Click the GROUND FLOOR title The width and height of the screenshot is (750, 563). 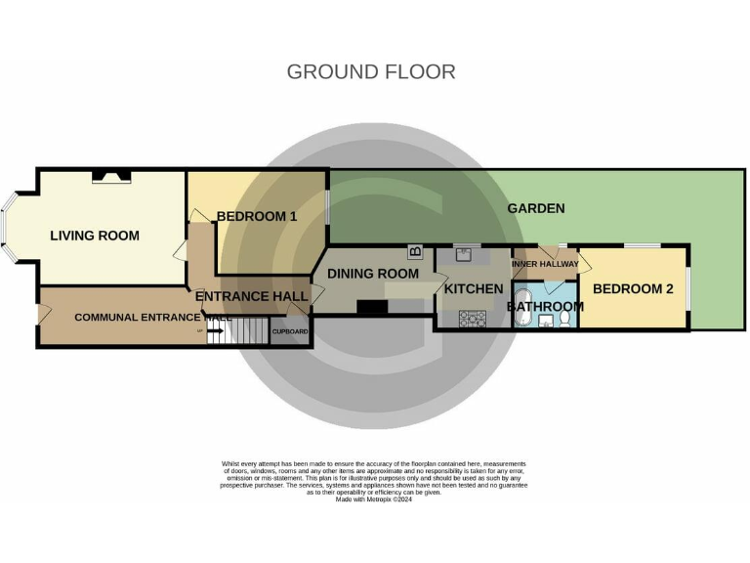pyautogui.click(x=371, y=71)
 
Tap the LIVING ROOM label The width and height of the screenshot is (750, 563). pyautogui.click(x=95, y=236)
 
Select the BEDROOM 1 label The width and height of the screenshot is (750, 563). pyautogui.click(x=256, y=216)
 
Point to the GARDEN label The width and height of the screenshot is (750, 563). pyautogui.click(x=535, y=208)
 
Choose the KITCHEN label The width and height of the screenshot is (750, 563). pyautogui.click(x=474, y=289)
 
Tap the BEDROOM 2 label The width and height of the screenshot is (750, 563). pyautogui.click(x=633, y=289)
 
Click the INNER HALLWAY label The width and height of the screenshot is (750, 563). pyautogui.click(x=545, y=264)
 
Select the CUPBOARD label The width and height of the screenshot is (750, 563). pyautogui.click(x=289, y=332)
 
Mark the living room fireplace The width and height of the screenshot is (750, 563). pyautogui.click(x=111, y=177)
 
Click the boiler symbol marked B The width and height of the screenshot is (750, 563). pyautogui.click(x=415, y=252)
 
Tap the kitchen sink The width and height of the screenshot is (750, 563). pyautogui.click(x=464, y=255)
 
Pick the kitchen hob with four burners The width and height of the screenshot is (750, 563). pyautogui.click(x=473, y=317)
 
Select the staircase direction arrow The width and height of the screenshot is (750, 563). pyautogui.click(x=215, y=332)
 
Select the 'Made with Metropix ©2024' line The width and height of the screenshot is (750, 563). pyautogui.click(x=374, y=499)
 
